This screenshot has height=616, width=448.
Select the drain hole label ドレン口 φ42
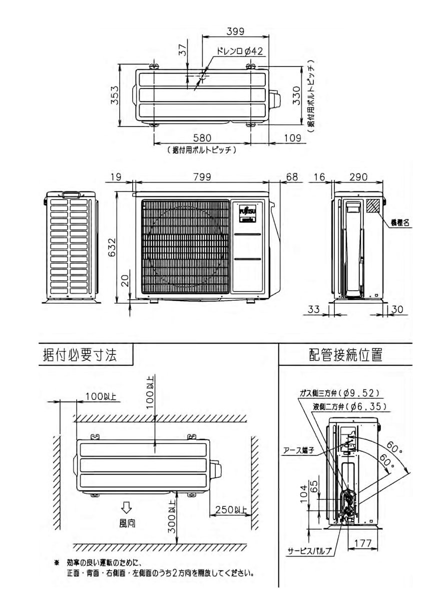240,51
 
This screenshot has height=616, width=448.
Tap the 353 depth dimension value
115,95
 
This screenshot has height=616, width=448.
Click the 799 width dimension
201,177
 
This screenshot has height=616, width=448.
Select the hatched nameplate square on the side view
372,206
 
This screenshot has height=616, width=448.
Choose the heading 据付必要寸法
80,355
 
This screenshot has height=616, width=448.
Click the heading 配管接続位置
346,355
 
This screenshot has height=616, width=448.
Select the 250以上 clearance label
232,510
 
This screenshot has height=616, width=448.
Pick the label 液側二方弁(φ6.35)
346,406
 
